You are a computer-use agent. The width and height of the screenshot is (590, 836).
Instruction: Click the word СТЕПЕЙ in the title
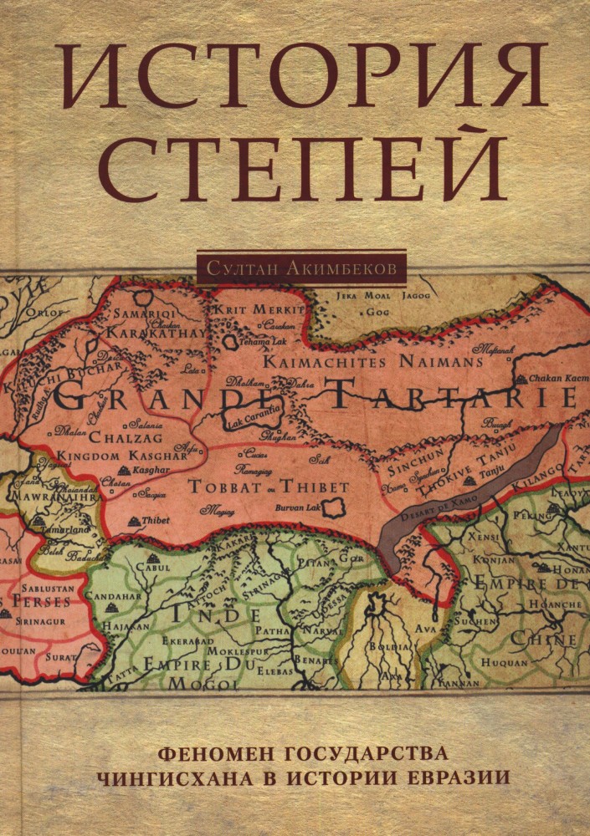pos(295,167)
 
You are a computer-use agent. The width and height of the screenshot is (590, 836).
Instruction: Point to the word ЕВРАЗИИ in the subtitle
pos(458,775)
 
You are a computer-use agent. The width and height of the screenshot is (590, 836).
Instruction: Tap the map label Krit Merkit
pos(260,308)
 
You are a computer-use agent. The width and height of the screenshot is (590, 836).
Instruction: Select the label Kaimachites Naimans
pos(373,361)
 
